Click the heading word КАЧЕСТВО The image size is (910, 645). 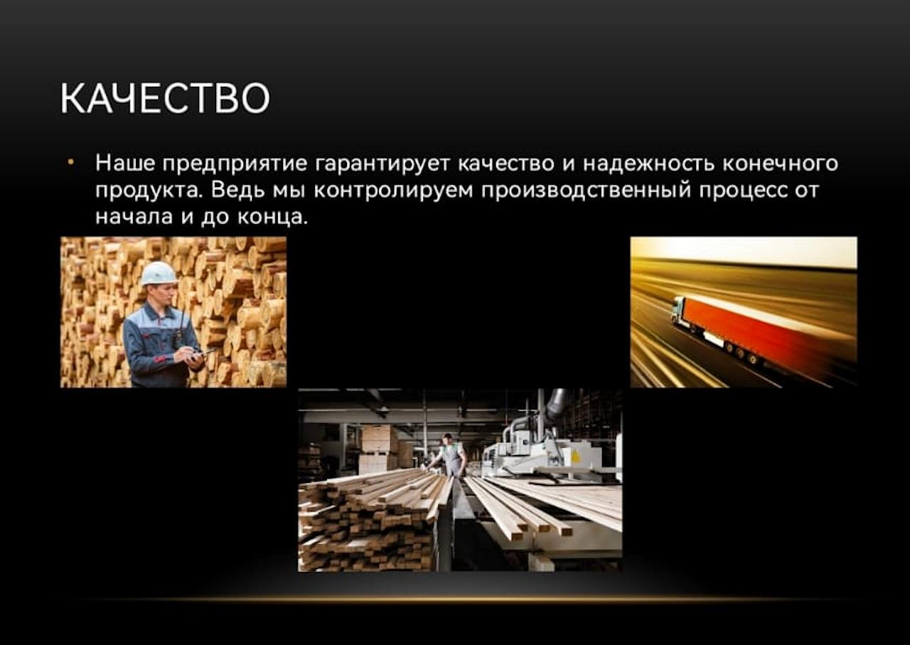165,98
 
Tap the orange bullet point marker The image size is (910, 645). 71,163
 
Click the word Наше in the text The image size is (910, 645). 125,163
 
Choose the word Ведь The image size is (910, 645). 237,190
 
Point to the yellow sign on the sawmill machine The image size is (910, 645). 575,457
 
